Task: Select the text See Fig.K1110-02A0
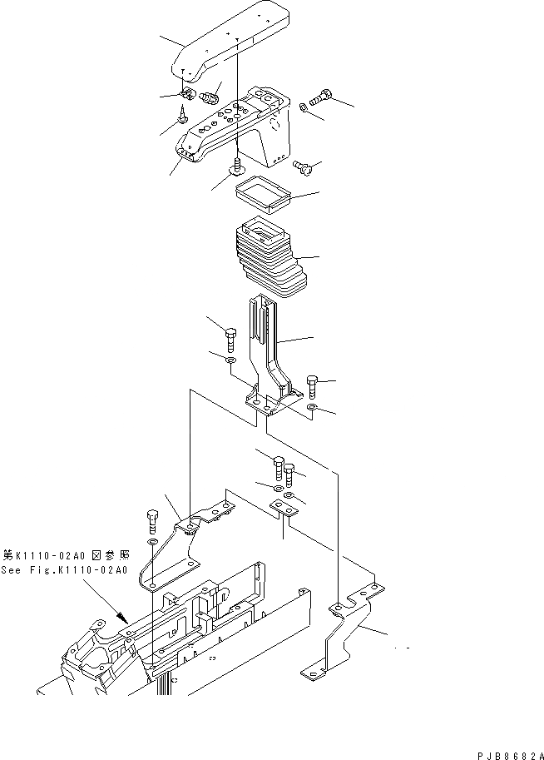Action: pos(65,570)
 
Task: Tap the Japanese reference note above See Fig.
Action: pos(65,554)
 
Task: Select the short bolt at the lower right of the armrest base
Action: pos(305,169)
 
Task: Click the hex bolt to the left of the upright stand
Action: pos(230,339)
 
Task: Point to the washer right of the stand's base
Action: pos(311,409)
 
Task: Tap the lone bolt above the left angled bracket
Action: pos(151,519)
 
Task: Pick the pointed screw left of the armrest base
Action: pos(181,122)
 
